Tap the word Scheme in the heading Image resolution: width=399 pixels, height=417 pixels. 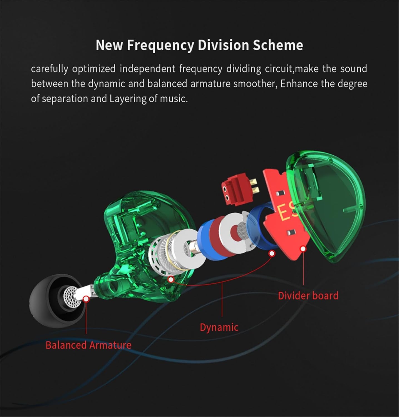click(278, 45)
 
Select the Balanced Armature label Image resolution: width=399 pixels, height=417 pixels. click(88, 345)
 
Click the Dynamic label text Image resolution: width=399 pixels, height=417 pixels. click(219, 327)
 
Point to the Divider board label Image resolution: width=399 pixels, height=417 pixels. click(308, 296)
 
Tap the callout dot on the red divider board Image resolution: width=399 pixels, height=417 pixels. click(303, 249)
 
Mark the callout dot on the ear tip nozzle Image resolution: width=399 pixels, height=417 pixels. click(86, 299)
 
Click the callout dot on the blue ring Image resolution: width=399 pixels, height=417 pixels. click(272, 253)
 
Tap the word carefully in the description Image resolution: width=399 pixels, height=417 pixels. click(49, 69)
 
